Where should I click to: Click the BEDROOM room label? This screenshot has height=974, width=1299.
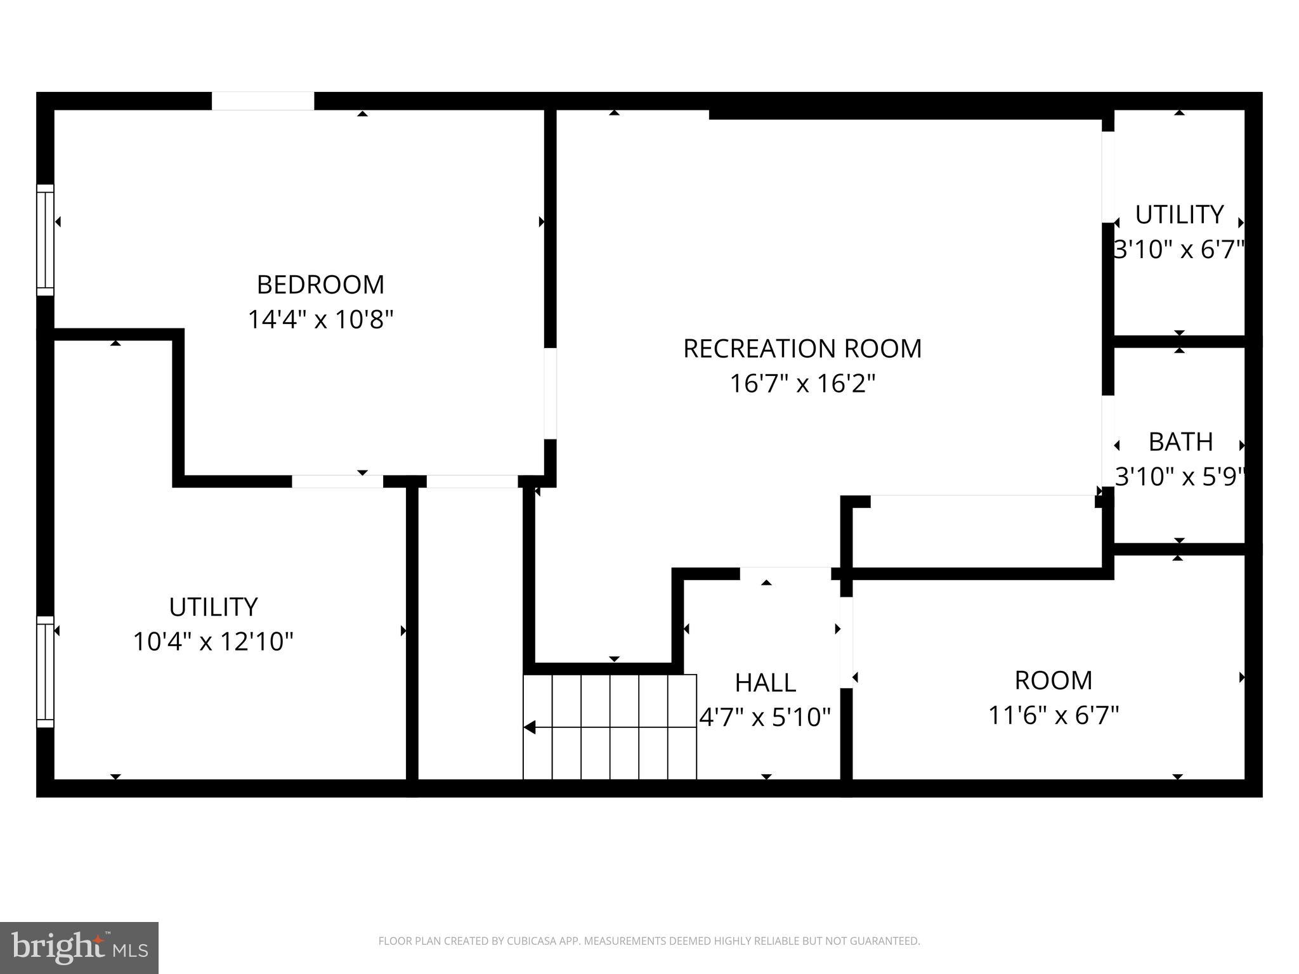tap(320, 285)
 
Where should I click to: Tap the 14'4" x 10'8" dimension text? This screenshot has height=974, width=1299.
tap(320, 320)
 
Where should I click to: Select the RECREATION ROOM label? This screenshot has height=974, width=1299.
tap(802, 349)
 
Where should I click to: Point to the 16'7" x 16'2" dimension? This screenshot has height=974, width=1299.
tap(802, 384)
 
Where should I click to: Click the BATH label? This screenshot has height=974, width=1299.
tap(1180, 442)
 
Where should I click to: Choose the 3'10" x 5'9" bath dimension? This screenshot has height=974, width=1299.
tap(1180, 477)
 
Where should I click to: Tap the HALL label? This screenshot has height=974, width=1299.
tap(765, 683)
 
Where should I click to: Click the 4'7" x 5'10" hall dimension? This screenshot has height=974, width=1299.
tap(764, 718)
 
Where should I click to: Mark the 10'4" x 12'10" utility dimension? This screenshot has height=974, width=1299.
tap(213, 642)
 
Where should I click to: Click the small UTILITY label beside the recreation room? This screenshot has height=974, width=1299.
tap(1179, 215)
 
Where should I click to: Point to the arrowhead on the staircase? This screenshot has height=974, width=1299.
tap(530, 727)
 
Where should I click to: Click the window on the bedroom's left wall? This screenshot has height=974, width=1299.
tap(45, 240)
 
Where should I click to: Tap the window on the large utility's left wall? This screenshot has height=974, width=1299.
tap(45, 672)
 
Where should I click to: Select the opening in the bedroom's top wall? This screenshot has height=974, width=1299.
tap(263, 101)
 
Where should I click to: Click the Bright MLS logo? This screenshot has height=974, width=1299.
tap(79, 947)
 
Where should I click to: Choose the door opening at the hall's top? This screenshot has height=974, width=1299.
tap(785, 573)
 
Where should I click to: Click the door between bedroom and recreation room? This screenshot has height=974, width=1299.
tap(550, 393)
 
